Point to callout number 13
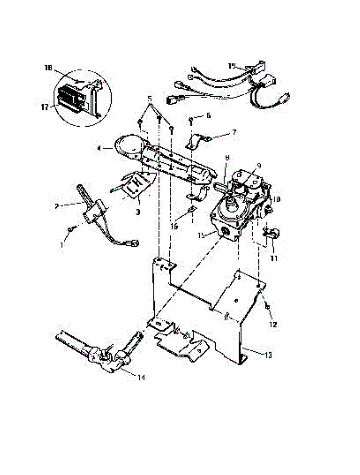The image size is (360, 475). tap(268, 355)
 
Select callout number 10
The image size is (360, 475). tap(276, 200)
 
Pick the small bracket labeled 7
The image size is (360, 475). tap(197, 141)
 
